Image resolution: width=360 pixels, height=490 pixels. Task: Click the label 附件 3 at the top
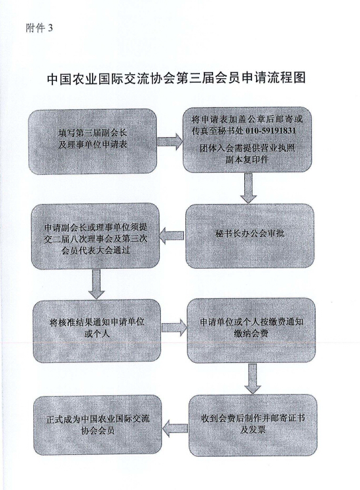[40, 28]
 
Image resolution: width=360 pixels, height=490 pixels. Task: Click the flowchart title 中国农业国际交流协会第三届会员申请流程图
[177, 78]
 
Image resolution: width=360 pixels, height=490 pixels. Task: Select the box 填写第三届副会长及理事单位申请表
[93, 141]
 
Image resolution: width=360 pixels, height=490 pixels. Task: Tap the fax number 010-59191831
[271, 130]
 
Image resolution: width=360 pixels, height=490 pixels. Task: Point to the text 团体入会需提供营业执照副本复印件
[247, 154]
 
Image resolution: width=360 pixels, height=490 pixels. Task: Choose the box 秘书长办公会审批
[249, 236]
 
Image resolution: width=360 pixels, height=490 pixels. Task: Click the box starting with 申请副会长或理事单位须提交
[95, 236]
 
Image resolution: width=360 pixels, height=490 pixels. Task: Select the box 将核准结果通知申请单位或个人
[97, 331]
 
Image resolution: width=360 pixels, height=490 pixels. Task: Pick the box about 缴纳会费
[251, 330]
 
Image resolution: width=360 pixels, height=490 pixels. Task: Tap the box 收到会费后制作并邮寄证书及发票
[253, 425]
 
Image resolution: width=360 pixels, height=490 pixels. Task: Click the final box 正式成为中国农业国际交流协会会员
[98, 424]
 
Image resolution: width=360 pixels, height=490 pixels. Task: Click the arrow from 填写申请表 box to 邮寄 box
[170, 142]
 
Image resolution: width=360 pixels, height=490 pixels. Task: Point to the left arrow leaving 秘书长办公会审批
[171, 236]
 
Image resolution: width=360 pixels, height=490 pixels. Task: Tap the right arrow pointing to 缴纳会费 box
[174, 328]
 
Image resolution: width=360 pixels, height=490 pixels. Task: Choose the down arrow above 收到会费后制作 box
[252, 379]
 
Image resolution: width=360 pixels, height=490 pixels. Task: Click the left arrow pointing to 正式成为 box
[175, 428]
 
